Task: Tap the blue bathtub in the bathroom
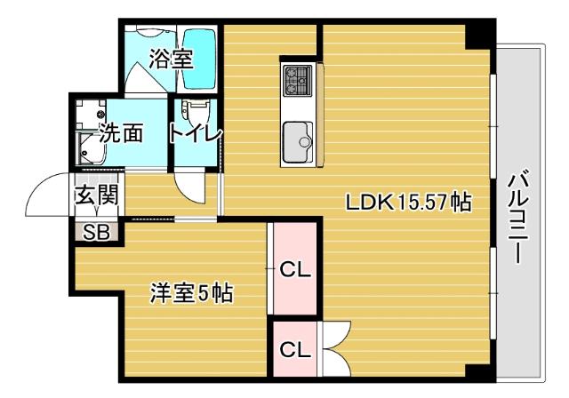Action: [x=200, y=59]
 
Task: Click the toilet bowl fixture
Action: [x=192, y=114]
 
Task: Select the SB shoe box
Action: [x=95, y=233]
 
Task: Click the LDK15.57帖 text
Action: [x=408, y=203]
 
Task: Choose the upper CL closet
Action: [x=293, y=268]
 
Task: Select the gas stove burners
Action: [x=295, y=82]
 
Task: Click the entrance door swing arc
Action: [x=46, y=197]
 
